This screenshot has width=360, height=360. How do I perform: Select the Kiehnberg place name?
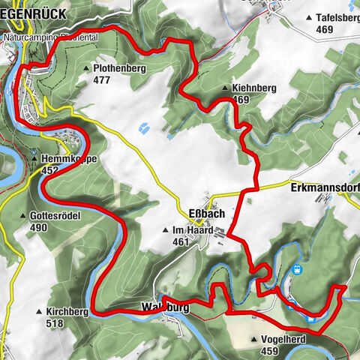(254, 88)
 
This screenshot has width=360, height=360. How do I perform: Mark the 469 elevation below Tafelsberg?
(325, 29)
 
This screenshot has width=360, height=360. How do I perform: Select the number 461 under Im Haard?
(180, 241)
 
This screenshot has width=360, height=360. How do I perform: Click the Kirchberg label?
(67, 310)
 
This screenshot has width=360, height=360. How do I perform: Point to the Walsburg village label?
(163, 307)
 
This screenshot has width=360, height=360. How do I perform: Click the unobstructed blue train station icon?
(297, 268)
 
